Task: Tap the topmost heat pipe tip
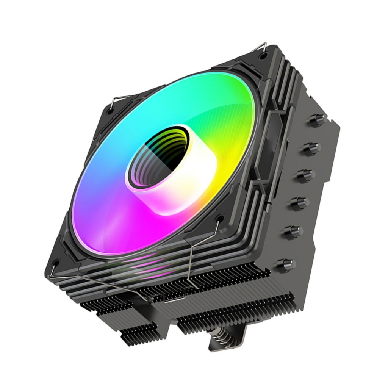pos(318,120)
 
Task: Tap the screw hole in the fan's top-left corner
pos(110,111)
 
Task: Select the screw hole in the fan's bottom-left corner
pos(55,263)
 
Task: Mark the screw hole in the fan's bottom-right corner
pos(219,219)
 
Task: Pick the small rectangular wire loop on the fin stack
pos(174,299)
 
